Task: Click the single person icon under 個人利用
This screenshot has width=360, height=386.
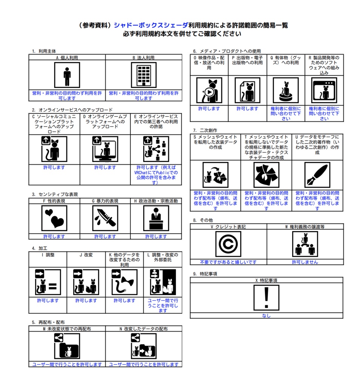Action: tap(67, 75)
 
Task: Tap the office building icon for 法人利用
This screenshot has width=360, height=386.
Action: tap(144, 75)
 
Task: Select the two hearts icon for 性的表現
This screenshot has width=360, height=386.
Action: tap(54, 218)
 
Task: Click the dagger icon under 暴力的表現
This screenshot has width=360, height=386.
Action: tap(105, 218)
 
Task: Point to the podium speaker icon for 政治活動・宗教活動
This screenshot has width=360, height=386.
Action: tap(156, 218)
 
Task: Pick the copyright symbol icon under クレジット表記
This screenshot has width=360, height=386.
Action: tap(228, 244)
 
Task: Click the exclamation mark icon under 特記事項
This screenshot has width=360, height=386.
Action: tap(267, 298)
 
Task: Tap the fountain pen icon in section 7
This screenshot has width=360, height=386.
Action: tap(317, 175)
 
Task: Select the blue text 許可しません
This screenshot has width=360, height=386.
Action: tap(305, 262)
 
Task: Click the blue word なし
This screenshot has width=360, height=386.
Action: tap(266, 316)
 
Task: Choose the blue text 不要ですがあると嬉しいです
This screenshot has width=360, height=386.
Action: tap(228, 262)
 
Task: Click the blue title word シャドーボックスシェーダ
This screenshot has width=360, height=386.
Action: tap(151, 25)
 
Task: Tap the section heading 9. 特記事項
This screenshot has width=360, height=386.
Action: tap(205, 274)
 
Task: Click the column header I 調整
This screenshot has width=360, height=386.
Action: tap(48, 255)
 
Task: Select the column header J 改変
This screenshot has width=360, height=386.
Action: tap(86, 255)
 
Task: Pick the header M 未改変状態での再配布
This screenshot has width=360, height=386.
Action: tap(67, 329)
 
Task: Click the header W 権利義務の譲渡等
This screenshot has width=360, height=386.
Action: tap(305, 227)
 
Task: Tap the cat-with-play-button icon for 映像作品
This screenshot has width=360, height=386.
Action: tap(209, 90)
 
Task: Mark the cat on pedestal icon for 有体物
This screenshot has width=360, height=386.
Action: tap(286, 90)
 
